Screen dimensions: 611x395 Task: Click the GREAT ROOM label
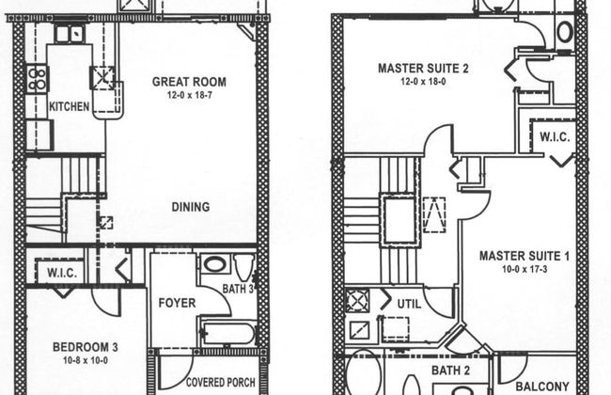click(189, 82)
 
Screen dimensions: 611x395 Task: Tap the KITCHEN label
click(69, 106)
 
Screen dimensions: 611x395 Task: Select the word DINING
click(191, 207)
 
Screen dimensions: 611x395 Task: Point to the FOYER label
click(177, 303)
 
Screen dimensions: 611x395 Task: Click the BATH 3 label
click(238, 289)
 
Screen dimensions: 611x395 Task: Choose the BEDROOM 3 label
click(86, 347)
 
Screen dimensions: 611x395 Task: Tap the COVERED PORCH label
click(221, 383)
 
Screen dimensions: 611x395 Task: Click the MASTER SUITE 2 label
click(423, 69)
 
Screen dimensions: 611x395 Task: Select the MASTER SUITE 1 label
click(525, 256)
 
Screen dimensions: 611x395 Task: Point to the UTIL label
click(409, 304)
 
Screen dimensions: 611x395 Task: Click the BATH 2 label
click(450, 371)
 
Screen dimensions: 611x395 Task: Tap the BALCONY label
click(542, 387)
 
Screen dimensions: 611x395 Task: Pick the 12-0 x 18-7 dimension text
click(189, 95)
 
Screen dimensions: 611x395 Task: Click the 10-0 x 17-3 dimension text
click(525, 269)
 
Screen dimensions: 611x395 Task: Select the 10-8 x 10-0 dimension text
click(86, 360)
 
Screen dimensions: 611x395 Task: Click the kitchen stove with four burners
click(38, 79)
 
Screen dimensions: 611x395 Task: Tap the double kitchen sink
click(70, 34)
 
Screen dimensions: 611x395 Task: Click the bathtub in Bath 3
click(228, 333)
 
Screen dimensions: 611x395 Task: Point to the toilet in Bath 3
click(244, 267)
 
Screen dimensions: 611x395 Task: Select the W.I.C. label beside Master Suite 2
click(555, 137)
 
